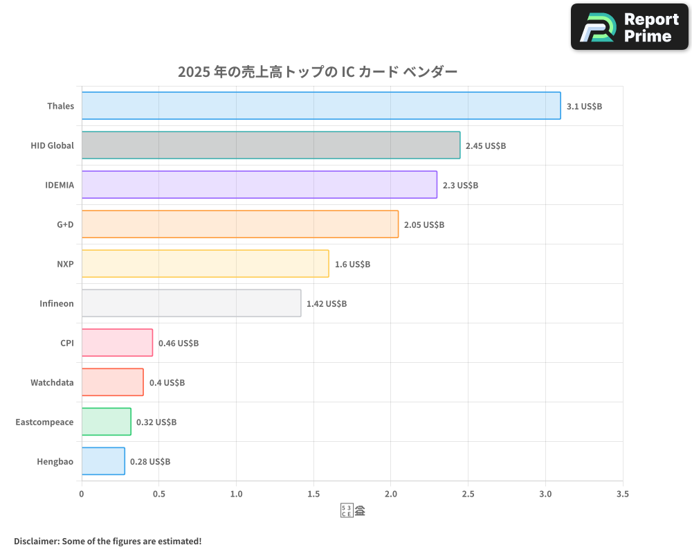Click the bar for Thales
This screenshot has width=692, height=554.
click(x=321, y=106)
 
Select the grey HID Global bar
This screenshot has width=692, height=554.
click(x=271, y=145)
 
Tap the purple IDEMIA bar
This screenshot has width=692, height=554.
click(x=259, y=185)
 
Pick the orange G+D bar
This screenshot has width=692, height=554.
click(x=240, y=224)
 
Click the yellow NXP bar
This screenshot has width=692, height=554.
click(x=205, y=264)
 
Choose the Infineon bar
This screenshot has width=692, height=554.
click(x=191, y=303)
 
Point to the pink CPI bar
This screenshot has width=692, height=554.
click(x=117, y=343)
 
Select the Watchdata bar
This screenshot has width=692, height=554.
click(x=112, y=382)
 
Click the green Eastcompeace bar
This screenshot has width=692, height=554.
click(x=106, y=422)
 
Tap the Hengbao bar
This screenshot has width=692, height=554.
click(x=103, y=461)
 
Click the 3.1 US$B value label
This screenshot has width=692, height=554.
click(x=584, y=107)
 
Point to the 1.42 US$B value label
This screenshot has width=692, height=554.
click(x=327, y=304)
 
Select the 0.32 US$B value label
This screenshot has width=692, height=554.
click(x=156, y=422)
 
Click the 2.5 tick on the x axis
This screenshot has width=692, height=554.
click(x=468, y=494)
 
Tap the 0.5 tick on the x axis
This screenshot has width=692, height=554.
click(x=158, y=494)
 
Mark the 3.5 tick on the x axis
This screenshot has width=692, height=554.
click(x=622, y=494)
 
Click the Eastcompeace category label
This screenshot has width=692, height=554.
click(x=44, y=422)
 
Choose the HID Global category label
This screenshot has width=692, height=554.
click(x=52, y=146)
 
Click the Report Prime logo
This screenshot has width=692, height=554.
click(x=630, y=27)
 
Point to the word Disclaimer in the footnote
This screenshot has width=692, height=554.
click(x=35, y=541)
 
